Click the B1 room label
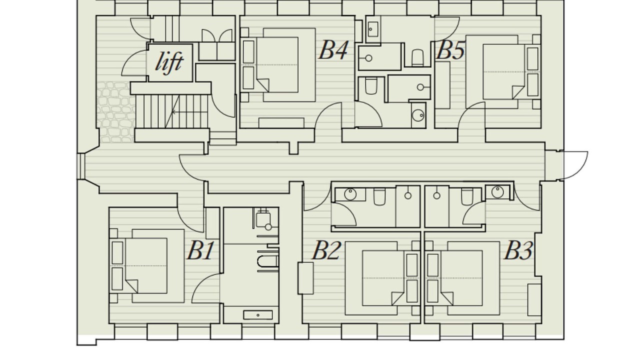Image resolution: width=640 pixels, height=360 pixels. coord(200,250)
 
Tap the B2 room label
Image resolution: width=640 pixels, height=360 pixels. coord(326,250)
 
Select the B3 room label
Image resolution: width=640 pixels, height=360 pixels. coord(518,250)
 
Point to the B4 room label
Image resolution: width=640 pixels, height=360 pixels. coord(333,50)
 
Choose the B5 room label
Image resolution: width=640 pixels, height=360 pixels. coord(450,50)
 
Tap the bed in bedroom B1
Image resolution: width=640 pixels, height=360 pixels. coord(147,265)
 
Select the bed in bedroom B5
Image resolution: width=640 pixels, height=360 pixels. coord(503,71)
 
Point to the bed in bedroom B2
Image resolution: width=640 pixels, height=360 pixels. coord(382,278)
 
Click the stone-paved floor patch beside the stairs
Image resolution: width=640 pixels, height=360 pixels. coord(116,112)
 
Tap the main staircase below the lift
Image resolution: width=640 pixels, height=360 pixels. coord(171,111)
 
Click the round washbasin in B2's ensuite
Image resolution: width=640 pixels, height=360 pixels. coord(350,194)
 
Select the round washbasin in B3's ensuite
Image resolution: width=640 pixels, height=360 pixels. coord(497,192)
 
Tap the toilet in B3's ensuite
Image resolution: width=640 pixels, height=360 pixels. coord(467,196)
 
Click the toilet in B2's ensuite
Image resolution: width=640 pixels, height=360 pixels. coord(379,196)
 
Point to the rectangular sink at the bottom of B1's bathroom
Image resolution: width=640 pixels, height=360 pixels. coord(257,315)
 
